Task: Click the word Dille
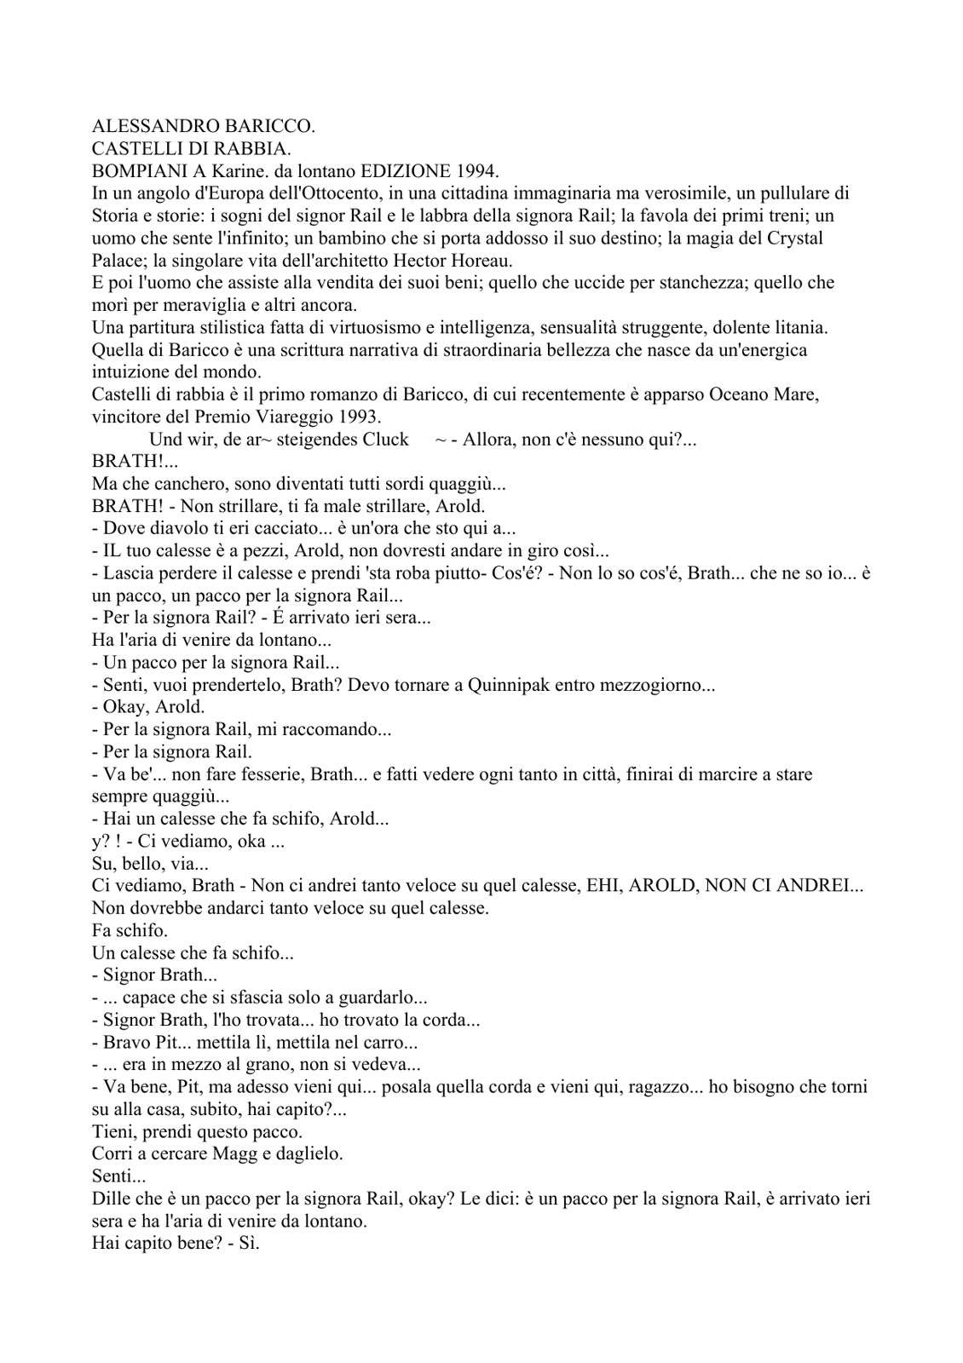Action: click(109, 1199)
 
